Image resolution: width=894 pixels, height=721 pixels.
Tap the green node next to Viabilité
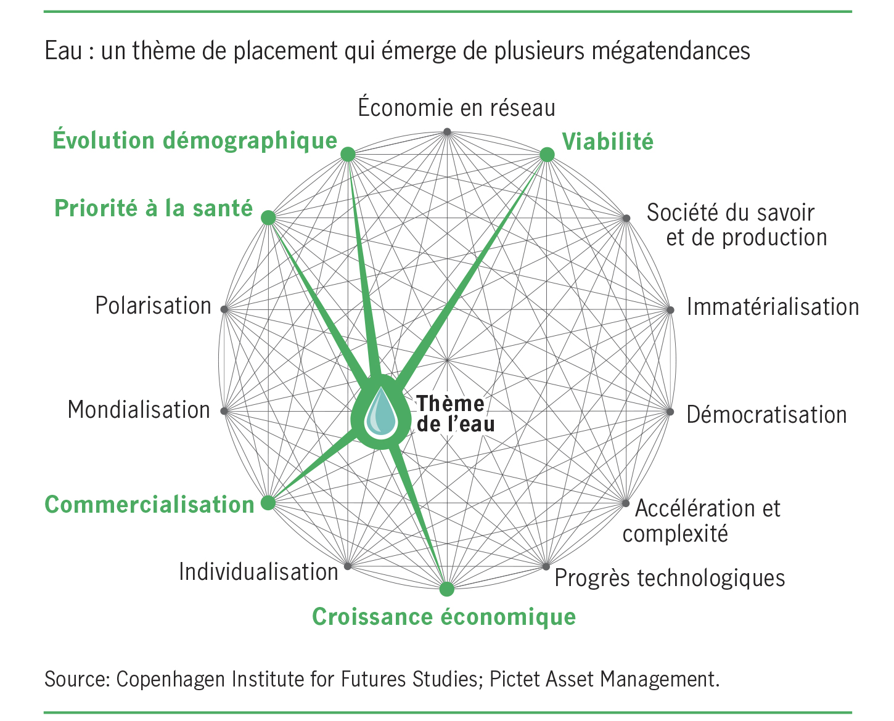pyautogui.click(x=547, y=155)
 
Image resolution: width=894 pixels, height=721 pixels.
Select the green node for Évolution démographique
pyautogui.click(x=348, y=154)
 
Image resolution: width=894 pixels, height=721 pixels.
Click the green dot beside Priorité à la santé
pyautogui.click(x=268, y=218)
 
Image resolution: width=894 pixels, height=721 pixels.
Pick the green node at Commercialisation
pyautogui.click(x=268, y=503)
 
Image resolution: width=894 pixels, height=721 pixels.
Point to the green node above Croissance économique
pyautogui.click(x=447, y=589)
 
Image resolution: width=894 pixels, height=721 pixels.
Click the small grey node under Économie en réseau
pyautogui.click(x=448, y=131)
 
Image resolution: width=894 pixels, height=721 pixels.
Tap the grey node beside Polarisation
pyautogui.click(x=224, y=309)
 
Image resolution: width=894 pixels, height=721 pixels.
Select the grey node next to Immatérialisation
pyautogui.click(x=670, y=309)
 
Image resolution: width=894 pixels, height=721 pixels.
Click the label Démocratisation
pyautogui.click(x=766, y=415)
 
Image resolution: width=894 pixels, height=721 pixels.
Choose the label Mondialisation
pyautogui.click(x=139, y=410)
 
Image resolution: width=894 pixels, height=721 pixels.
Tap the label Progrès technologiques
pyautogui.click(x=670, y=578)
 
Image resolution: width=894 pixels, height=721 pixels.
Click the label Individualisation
pyautogui.click(x=258, y=572)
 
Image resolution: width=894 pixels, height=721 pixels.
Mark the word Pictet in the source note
pyautogui.click(x=514, y=679)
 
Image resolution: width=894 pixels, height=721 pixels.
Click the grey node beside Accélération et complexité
pyautogui.click(x=626, y=503)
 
